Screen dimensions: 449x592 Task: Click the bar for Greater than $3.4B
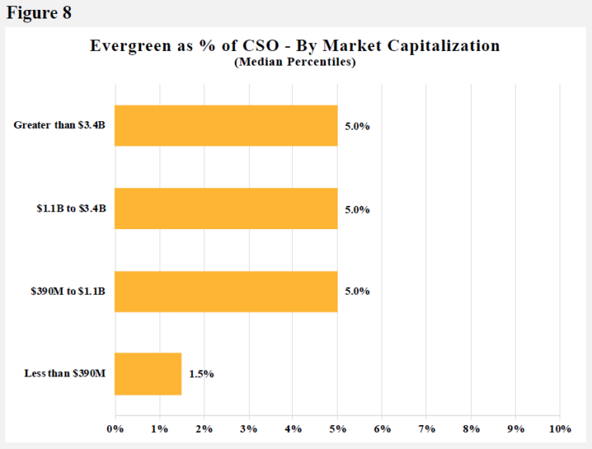coord(226,126)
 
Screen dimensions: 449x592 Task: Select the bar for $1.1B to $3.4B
coord(226,208)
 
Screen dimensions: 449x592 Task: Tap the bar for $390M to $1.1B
coord(226,291)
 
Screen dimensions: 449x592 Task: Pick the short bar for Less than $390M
coord(148,373)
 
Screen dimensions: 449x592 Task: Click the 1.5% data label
coord(201,374)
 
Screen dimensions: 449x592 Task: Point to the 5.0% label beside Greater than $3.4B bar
coord(358,127)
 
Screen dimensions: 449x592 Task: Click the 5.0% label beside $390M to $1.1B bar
coord(358,292)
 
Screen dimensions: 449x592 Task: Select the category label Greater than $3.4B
coord(62,126)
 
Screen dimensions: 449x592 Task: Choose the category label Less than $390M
coord(66,374)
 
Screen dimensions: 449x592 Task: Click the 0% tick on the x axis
coord(115,428)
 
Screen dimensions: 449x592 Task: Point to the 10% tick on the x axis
coord(560,428)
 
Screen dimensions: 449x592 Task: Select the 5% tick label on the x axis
coord(338,428)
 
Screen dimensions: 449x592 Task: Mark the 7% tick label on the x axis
coord(426,428)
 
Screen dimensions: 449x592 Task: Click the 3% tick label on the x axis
coord(248,428)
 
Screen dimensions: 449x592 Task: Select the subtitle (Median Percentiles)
coord(294,62)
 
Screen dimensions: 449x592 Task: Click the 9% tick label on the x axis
coord(515,428)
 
